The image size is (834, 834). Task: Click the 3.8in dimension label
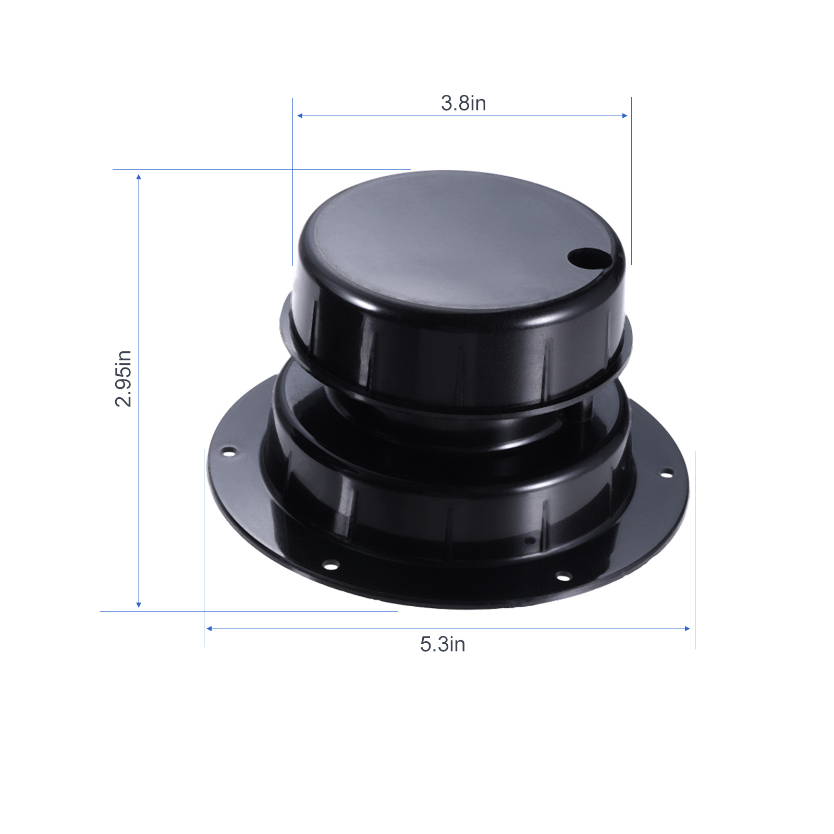coord(463,103)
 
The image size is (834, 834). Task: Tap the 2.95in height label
coord(124,378)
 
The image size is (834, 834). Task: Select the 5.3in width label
coord(443,644)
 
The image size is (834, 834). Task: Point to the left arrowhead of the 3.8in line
coord(300,116)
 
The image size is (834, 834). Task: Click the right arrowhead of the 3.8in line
coord(624,116)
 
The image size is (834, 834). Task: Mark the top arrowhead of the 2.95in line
coord(139,177)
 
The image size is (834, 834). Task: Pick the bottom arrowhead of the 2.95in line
coord(139,605)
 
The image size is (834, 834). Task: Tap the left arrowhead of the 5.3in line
coord(209,629)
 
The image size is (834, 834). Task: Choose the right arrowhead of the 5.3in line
coord(687,629)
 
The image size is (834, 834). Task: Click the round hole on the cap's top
coord(587,257)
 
